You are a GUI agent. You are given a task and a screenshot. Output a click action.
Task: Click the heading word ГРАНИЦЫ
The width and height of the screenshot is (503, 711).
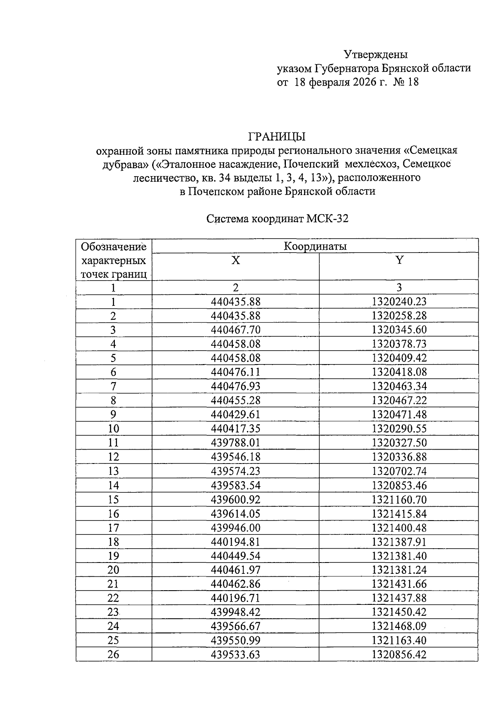click(277, 137)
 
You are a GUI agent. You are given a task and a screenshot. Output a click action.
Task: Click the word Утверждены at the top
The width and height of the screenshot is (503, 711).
click(376, 54)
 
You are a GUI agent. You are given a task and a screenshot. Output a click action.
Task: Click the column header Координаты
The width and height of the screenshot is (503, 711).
click(315, 246)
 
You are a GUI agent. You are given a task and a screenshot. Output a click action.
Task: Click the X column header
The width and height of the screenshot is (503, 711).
click(236, 260)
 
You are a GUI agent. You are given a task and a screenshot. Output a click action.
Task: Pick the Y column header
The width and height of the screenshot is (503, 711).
click(399, 260)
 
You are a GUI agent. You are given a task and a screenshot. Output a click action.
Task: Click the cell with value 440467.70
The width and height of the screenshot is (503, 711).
click(236, 330)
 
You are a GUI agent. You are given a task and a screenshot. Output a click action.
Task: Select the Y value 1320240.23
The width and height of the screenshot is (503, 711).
click(399, 302)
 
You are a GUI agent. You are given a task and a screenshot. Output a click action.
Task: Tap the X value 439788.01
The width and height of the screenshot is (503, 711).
click(236, 443)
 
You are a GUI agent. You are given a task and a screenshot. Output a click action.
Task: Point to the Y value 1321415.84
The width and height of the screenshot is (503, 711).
click(399, 513)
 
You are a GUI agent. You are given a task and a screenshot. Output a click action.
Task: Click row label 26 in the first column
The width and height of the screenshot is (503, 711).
click(113, 654)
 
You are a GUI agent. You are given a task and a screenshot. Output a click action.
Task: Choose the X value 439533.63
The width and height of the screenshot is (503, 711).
click(236, 654)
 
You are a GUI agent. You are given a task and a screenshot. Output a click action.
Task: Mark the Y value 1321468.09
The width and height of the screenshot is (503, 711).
click(399, 626)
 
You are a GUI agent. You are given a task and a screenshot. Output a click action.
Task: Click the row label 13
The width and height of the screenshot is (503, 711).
click(113, 471)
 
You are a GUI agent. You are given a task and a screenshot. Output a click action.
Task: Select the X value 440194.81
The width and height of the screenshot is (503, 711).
click(236, 542)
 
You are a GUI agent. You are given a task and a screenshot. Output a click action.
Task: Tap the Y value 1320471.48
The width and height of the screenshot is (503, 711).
click(399, 414)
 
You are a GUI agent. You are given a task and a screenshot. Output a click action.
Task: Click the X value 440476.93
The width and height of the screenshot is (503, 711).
click(236, 386)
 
